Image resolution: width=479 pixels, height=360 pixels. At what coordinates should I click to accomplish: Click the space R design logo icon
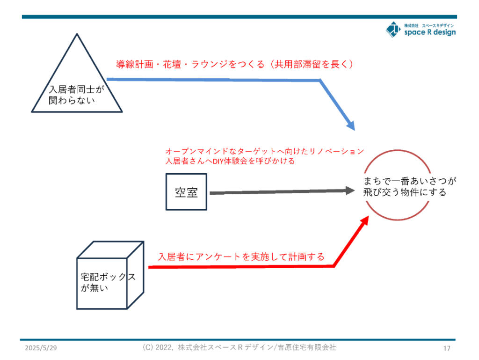(393, 29)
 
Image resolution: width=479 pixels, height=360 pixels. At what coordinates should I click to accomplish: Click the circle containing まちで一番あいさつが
(398, 150)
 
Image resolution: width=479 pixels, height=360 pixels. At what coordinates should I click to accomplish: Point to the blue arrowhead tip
(355, 131)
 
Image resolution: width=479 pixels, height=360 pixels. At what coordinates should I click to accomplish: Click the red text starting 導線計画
(235, 64)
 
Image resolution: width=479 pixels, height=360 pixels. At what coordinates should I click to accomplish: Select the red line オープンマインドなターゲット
(265, 151)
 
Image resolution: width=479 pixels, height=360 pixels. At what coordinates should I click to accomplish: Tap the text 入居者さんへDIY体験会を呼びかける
(230, 161)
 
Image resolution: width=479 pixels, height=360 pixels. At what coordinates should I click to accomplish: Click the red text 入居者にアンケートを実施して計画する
(241, 257)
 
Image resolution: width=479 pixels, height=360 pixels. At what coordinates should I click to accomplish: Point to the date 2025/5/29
(41, 348)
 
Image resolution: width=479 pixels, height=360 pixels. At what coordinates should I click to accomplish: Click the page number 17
(447, 348)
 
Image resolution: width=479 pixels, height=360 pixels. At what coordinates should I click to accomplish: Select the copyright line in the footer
(239, 347)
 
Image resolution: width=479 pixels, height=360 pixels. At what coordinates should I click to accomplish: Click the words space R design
(430, 32)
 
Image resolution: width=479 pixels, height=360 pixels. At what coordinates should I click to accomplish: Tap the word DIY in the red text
(218, 161)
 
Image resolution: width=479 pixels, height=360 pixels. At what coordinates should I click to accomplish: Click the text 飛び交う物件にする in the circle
(405, 192)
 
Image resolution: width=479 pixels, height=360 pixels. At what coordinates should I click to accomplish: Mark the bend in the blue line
(319, 81)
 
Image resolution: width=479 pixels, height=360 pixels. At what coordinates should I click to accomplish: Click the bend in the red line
(334, 266)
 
